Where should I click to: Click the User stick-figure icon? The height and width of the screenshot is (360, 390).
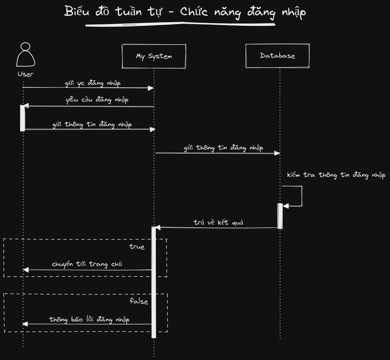coord(25,55)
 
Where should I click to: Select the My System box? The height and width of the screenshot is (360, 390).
coord(154,56)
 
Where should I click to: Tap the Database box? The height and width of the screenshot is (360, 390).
coord(277,56)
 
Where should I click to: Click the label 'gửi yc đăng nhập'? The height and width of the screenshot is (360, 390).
coord(93,83)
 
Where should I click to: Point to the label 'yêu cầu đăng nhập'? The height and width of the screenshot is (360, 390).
coord(97,100)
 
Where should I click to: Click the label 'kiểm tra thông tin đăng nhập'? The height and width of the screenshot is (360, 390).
coord(336,175)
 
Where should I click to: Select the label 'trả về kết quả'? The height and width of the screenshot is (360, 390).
coord(218,223)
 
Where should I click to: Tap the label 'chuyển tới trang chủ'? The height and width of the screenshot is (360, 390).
coord(87,264)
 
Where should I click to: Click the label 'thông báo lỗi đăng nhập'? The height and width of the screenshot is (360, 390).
coord(89,320)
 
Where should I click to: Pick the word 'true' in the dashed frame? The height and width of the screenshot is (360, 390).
coord(137,247)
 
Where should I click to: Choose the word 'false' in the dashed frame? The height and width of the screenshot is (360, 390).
coord(139,302)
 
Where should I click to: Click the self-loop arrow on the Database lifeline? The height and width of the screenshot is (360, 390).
coord(301,196)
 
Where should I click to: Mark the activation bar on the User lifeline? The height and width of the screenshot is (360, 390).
coord(23,118)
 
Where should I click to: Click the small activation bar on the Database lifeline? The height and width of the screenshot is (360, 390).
coord(280,216)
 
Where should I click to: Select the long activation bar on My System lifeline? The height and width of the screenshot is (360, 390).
coord(154,283)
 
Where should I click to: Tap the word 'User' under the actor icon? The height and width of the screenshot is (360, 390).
coord(25,74)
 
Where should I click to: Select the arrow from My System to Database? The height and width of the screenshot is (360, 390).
coord(217,153)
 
